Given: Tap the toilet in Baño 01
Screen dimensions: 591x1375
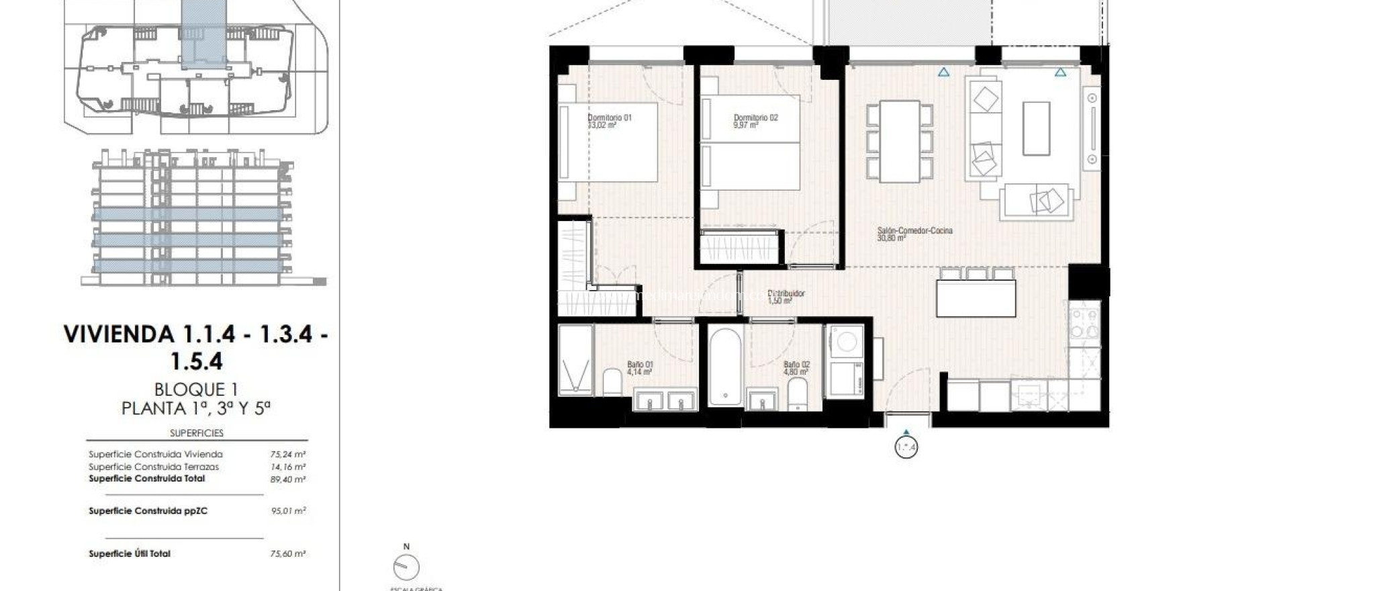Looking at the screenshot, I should pos(612,382).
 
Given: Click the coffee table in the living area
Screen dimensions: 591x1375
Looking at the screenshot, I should pos(1036,128).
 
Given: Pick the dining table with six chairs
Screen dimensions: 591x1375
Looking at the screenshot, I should pos(900,141).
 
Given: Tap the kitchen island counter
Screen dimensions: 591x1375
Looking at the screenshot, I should pos(976,298).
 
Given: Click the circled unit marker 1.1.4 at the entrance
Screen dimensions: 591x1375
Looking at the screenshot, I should pos(906,447).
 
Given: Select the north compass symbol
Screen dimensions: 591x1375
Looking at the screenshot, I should pos(406,567).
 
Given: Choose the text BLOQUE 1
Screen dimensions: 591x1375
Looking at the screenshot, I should pos(196,389).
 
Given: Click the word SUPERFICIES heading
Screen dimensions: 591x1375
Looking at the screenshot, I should pos(197,433).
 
